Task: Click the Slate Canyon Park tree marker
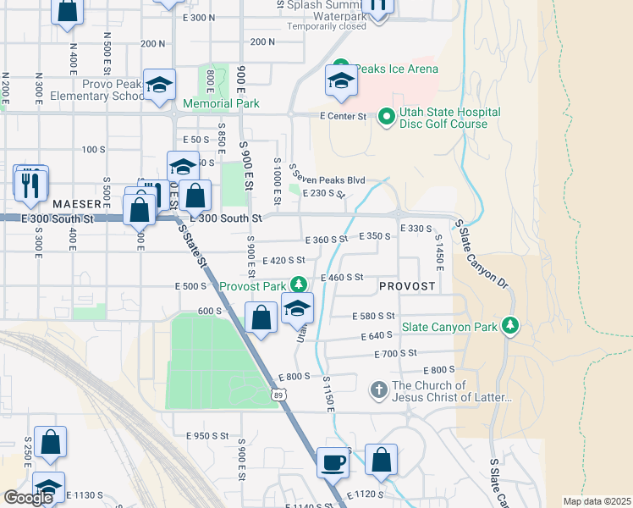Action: [509, 326]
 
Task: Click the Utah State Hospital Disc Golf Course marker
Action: [386, 116]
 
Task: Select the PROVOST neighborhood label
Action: [407, 286]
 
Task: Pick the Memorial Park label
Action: [221, 104]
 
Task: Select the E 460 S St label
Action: [341, 277]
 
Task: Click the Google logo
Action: [28, 498]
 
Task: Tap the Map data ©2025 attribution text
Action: [597, 501]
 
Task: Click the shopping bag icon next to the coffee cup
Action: [382, 461]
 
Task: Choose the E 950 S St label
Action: [207, 435]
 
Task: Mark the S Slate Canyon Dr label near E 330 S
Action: [483, 251]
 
